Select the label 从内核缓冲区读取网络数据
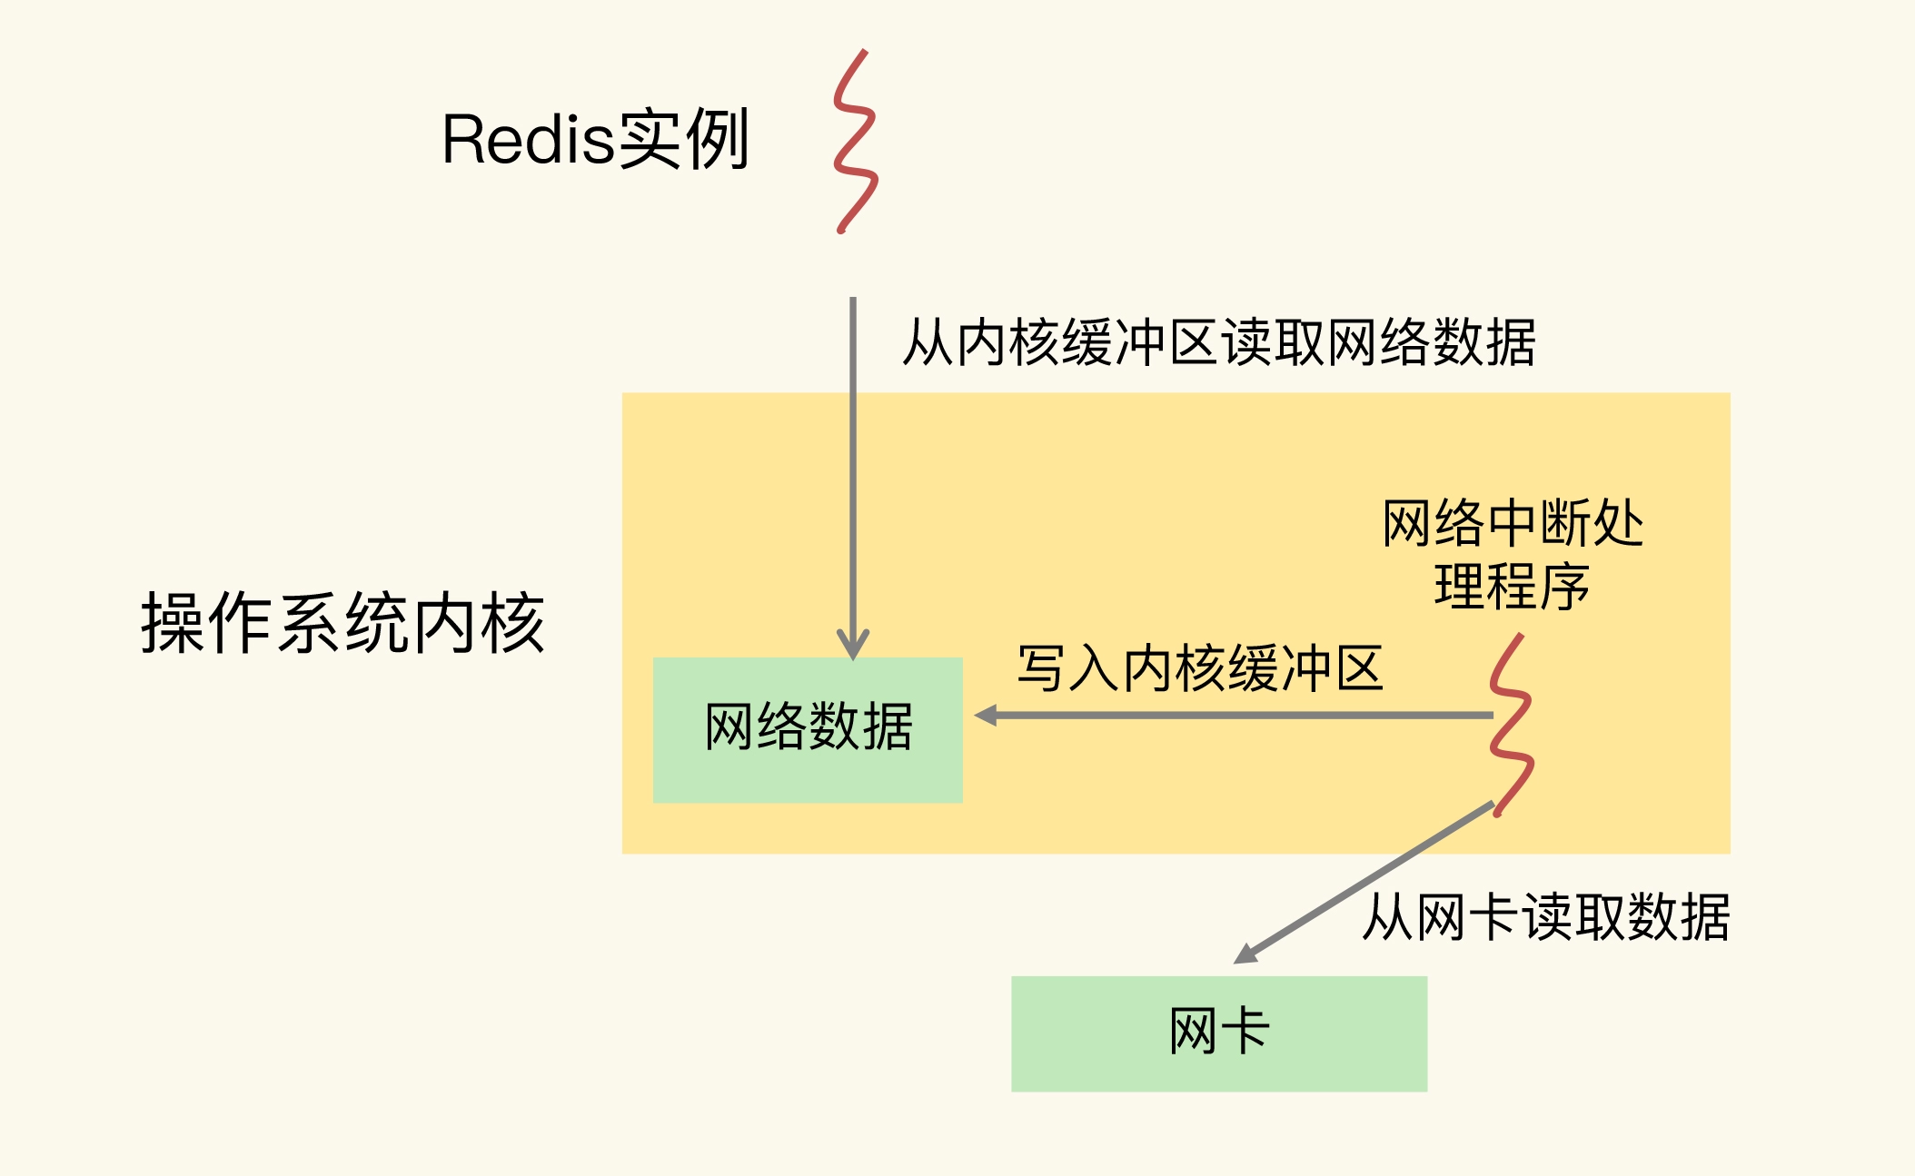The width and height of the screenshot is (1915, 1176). click(x=1218, y=342)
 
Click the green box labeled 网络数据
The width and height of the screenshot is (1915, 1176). click(x=808, y=729)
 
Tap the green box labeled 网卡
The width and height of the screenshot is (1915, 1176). click(x=1218, y=1033)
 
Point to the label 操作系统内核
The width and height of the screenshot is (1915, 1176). click(x=342, y=623)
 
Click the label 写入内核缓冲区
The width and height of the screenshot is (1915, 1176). click(x=1199, y=668)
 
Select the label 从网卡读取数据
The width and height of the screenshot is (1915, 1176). click(x=1545, y=917)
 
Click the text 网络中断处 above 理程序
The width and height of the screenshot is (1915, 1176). click(x=1513, y=523)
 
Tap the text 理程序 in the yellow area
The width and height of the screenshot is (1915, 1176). click(x=1513, y=587)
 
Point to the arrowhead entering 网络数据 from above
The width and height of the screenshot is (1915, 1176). click(x=852, y=646)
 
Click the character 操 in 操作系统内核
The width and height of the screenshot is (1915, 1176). click(x=172, y=623)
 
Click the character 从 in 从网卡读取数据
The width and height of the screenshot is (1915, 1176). click(x=1386, y=917)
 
